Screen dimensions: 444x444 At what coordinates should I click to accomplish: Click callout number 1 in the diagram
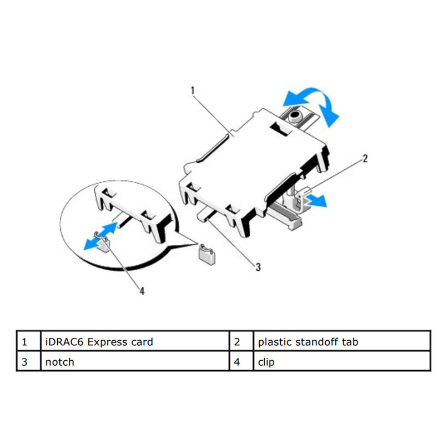[x=193, y=90]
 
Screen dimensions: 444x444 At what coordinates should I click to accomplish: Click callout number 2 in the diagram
[x=365, y=158]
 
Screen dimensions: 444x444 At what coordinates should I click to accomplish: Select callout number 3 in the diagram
[x=258, y=267]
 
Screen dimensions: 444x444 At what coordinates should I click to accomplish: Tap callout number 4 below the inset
[x=142, y=291]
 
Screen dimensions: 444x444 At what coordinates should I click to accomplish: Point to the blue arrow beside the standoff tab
[x=316, y=200]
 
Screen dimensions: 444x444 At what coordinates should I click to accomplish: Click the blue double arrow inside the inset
[x=100, y=236]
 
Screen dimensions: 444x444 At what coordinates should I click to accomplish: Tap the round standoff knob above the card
[x=295, y=116]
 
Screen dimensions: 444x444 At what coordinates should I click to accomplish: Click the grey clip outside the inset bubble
[x=207, y=254]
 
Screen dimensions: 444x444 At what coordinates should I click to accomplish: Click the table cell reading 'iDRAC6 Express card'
[x=135, y=341]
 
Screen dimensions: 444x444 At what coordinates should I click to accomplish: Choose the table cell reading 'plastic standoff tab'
[x=342, y=341]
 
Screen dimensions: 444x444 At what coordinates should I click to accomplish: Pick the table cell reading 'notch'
[x=135, y=361]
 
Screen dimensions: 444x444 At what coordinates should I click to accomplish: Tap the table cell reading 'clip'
[x=342, y=361]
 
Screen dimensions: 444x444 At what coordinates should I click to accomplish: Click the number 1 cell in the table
[x=29, y=341]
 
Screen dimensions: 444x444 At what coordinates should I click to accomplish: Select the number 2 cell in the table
[x=241, y=341]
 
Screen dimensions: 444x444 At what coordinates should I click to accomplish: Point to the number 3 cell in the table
[x=29, y=361]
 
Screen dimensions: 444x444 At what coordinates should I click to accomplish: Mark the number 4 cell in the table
[x=241, y=361]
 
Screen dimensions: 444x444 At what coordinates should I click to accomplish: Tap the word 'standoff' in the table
[x=317, y=342]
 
